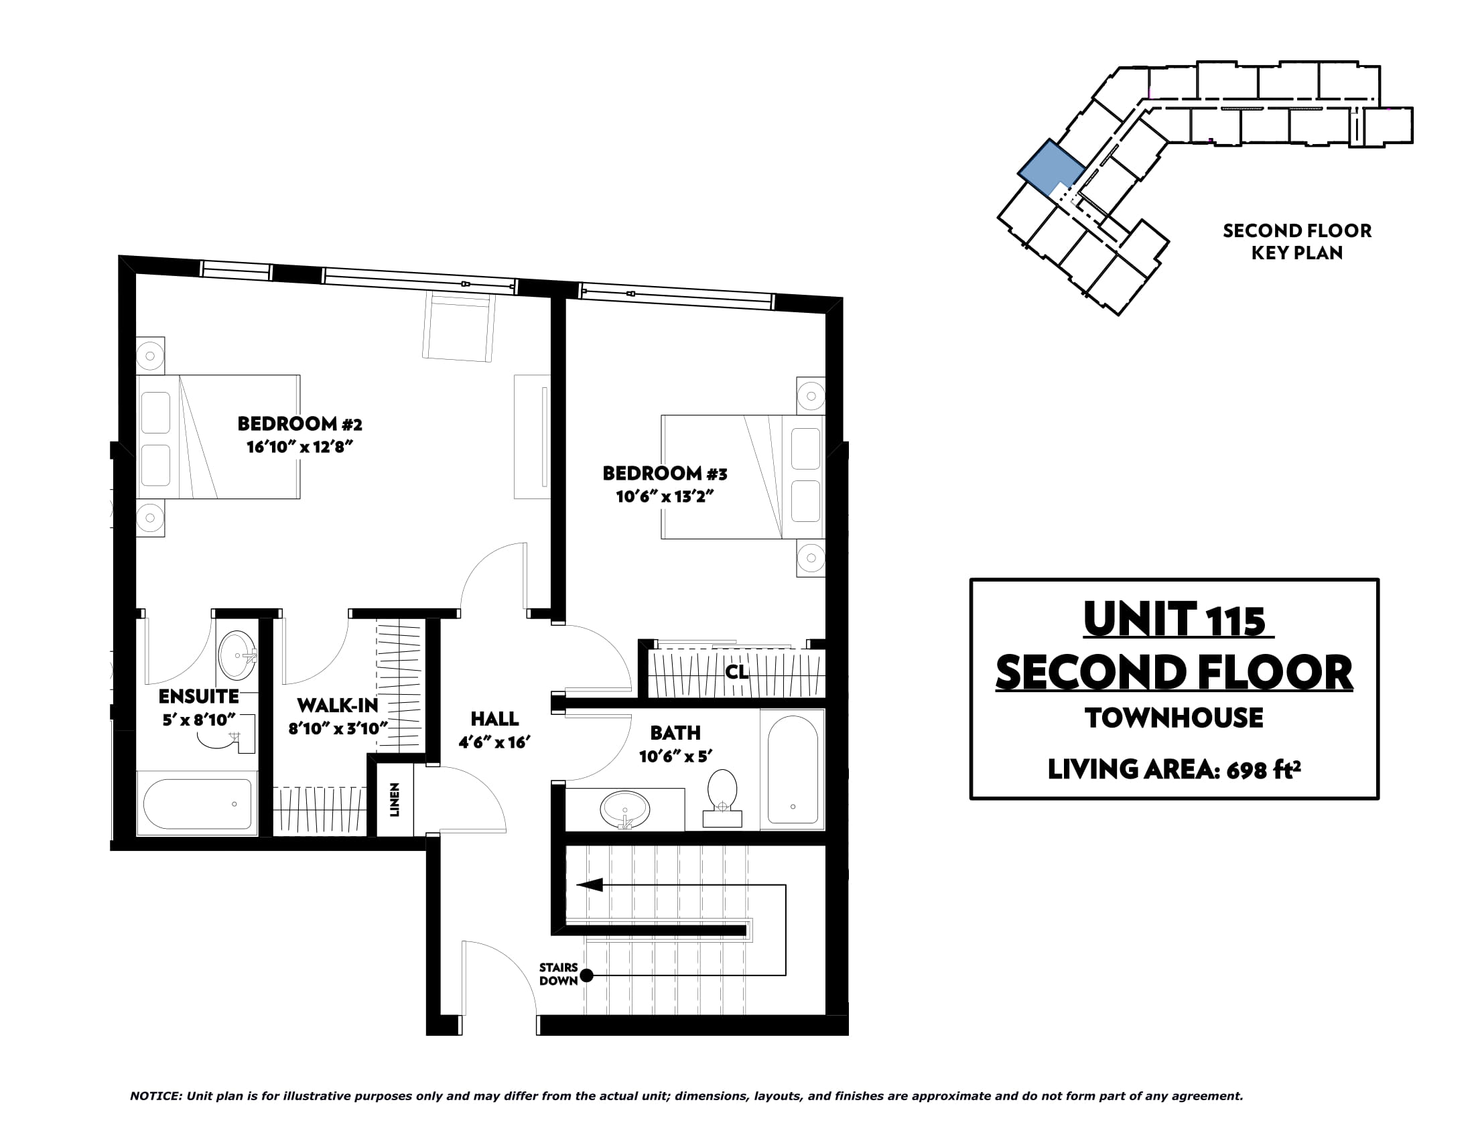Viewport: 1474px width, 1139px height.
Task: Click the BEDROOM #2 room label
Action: click(x=299, y=423)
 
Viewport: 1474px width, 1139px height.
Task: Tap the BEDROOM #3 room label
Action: click(x=665, y=474)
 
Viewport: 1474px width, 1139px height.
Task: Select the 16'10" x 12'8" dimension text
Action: click(x=299, y=447)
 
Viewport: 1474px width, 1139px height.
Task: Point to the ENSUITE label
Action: click(x=198, y=696)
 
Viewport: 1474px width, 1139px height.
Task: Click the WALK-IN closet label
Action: click(x=338, y=705)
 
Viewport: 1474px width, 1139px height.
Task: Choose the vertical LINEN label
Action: click(x=395, y=800)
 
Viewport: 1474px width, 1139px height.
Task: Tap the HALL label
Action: click(x=494, y=719)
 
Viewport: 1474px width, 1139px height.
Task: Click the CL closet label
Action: click(x=737, y=672)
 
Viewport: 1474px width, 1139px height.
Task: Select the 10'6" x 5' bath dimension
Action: click(x=675, y=756)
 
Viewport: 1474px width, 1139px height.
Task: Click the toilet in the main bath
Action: click(x=722, y=798)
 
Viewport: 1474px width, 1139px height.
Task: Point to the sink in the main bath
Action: click(x=626, y=809)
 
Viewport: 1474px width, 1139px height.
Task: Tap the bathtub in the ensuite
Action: click(x=197, y=803)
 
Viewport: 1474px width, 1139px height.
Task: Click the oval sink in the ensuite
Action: click(x=237, y=656)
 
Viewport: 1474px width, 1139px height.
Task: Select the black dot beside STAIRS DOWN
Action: click(x=586, y=975)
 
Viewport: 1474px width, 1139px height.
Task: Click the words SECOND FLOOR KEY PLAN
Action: click(x=1296, y=242)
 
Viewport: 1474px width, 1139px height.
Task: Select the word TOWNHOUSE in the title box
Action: click(x=1175, y=718)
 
